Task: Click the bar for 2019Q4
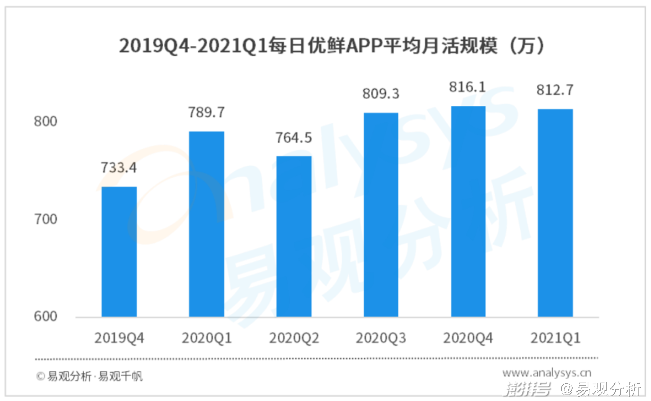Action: tap(119, 251)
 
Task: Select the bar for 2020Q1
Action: tap(207, 224)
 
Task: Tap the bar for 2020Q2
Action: tap(294, 236)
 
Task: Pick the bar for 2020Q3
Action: tap(381, 215)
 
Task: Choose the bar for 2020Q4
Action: tap(468, 211)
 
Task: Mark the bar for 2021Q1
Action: tap(555, 213)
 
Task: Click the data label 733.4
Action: tap(119, 168)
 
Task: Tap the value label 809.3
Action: tap(381, 94)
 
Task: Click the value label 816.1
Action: tap(468, 88)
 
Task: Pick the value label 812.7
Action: tap(555, 90)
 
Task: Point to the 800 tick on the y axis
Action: tap(45, 122)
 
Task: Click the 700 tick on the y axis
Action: tap(45, 219)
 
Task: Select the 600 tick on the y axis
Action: tap(45, 316)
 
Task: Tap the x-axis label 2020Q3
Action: tap(381, 338)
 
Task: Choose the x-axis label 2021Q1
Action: tap(555, 338)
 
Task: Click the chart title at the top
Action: tap(331, 46)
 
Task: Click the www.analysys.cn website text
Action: tap(547, 372)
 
